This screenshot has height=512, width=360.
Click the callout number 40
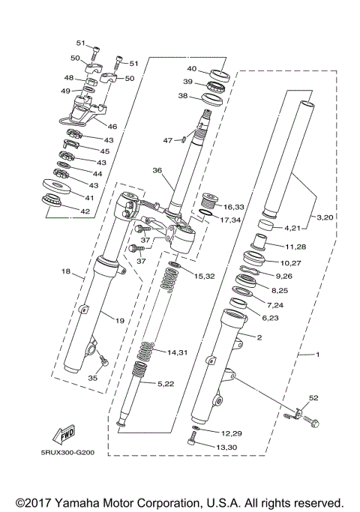click(x=192, y=68)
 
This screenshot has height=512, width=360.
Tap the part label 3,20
click(x=326, y=217)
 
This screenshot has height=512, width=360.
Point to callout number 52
click(x=313, y=397)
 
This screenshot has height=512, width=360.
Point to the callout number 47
click(x=168, y=139)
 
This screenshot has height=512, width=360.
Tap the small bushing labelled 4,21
click(x=265, y=226)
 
